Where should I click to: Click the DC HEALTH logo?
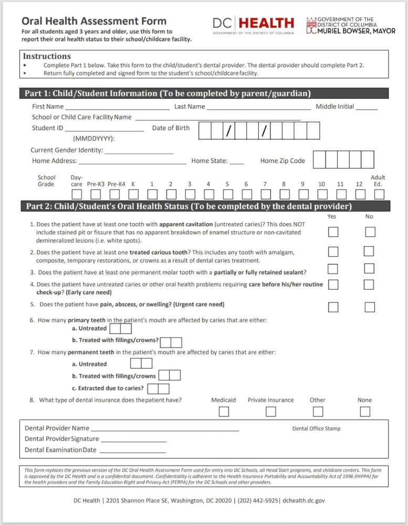[253, 24]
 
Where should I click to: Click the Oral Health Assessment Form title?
[93, 22]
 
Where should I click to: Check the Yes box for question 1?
[333, 232]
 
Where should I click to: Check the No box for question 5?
[370, 307]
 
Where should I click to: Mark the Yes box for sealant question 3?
[333, 269]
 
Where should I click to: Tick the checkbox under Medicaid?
[224, 412]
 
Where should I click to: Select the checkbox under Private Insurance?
[270, 412]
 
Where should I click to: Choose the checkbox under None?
[364, 412]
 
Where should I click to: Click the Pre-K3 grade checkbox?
[96, 195]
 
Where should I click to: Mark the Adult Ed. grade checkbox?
[379, 195]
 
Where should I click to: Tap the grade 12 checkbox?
[359, 195]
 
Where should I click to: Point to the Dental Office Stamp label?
[316, 428]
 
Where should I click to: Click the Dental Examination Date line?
[132, 451]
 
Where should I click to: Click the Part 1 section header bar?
[205, 93]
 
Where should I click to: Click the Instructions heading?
[47, 56]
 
